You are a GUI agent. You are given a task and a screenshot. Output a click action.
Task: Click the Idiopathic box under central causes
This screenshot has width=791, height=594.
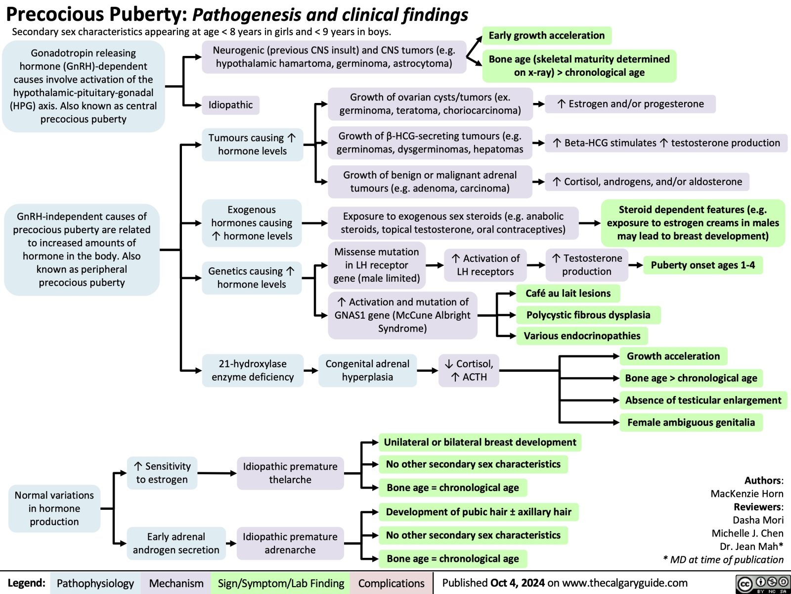tap(230, 105)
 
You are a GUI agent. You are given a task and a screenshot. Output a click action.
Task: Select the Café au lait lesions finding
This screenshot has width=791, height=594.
tap(568, 294)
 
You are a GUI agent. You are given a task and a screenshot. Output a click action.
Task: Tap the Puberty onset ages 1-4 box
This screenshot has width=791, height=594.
tap(703, 265)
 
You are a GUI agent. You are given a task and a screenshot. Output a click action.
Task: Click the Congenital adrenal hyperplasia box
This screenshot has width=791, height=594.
tap(367, 370)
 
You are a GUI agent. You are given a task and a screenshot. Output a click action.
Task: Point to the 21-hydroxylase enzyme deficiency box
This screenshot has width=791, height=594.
tap(253, 370)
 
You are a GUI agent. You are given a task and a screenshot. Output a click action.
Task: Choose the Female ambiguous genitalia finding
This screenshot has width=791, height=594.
tap(691, 423)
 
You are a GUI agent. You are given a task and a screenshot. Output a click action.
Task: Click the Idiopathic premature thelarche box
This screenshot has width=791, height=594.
tap(290, 473)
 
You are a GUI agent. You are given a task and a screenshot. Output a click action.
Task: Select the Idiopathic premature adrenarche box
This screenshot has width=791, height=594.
tap(290, 544)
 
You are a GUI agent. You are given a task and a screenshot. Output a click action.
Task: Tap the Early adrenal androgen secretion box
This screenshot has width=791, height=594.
tap(176, 544)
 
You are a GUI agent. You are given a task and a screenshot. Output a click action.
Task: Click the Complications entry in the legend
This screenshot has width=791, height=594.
tap(391, 584)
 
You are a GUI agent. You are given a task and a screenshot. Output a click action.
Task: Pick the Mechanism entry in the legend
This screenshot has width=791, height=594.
tap(176, 584)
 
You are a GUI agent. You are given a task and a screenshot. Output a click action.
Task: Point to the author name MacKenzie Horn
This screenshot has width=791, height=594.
tap(747, 494)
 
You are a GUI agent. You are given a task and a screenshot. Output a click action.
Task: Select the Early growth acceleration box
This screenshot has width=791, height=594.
tap(546, 36)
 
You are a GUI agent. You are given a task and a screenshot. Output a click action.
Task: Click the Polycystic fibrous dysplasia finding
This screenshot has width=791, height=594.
tap(588, 315)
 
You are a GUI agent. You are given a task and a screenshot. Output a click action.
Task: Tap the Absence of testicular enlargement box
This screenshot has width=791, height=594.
tap(703, 400)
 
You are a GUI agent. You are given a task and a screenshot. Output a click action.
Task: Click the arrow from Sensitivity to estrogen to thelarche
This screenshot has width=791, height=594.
tap(217, 473)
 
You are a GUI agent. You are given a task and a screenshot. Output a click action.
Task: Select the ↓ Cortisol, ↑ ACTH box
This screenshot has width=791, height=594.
tap(469, 370)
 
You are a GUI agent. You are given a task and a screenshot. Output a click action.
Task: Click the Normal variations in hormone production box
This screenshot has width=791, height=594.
tap(54, 508)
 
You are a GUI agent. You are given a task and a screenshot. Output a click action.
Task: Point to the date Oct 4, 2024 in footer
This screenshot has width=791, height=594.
tap(518, 583)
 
